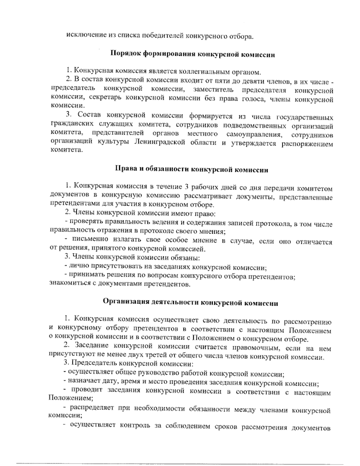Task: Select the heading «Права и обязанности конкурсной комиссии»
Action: (x=192, y=170)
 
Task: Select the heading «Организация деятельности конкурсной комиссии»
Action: (x=190, y=302)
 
